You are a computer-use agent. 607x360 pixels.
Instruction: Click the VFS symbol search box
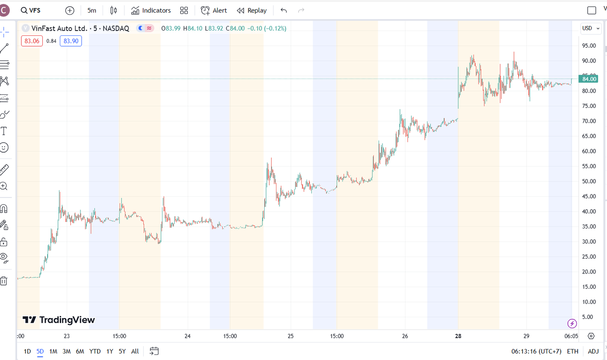(31, 10)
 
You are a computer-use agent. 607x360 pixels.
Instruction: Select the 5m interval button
(92, 10)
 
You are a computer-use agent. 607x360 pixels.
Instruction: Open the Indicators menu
(151, 10)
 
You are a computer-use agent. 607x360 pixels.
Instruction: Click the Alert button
(214, 10)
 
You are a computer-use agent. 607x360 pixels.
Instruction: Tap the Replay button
(252, 10)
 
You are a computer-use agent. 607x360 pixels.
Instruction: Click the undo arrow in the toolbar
(284, 10)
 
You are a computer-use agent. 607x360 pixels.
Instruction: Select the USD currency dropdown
(590, 28)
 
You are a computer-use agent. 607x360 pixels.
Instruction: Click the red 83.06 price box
(32, 41)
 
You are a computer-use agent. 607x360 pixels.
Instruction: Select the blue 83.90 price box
(71, 41)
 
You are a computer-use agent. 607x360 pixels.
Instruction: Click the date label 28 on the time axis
(458, 336)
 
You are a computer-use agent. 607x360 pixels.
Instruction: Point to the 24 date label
(187, 336)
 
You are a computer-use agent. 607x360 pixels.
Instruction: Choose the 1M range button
(53, 351)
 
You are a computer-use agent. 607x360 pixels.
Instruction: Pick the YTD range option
(95, 351)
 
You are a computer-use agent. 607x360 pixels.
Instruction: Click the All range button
(135, 351)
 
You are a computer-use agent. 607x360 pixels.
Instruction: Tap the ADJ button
(593, 351)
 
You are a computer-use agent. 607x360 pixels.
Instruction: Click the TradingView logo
(59, 320)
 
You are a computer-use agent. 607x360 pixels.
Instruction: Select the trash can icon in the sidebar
(4, 281)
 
